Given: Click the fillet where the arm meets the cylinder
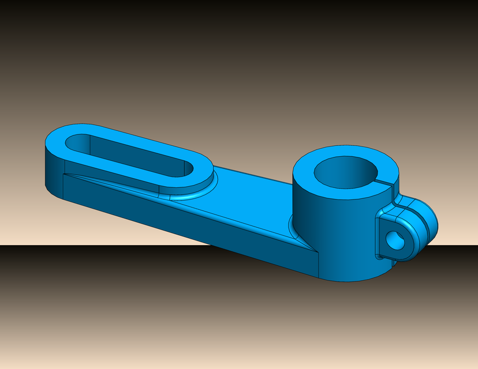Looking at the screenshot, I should click(x=292, y=228).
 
